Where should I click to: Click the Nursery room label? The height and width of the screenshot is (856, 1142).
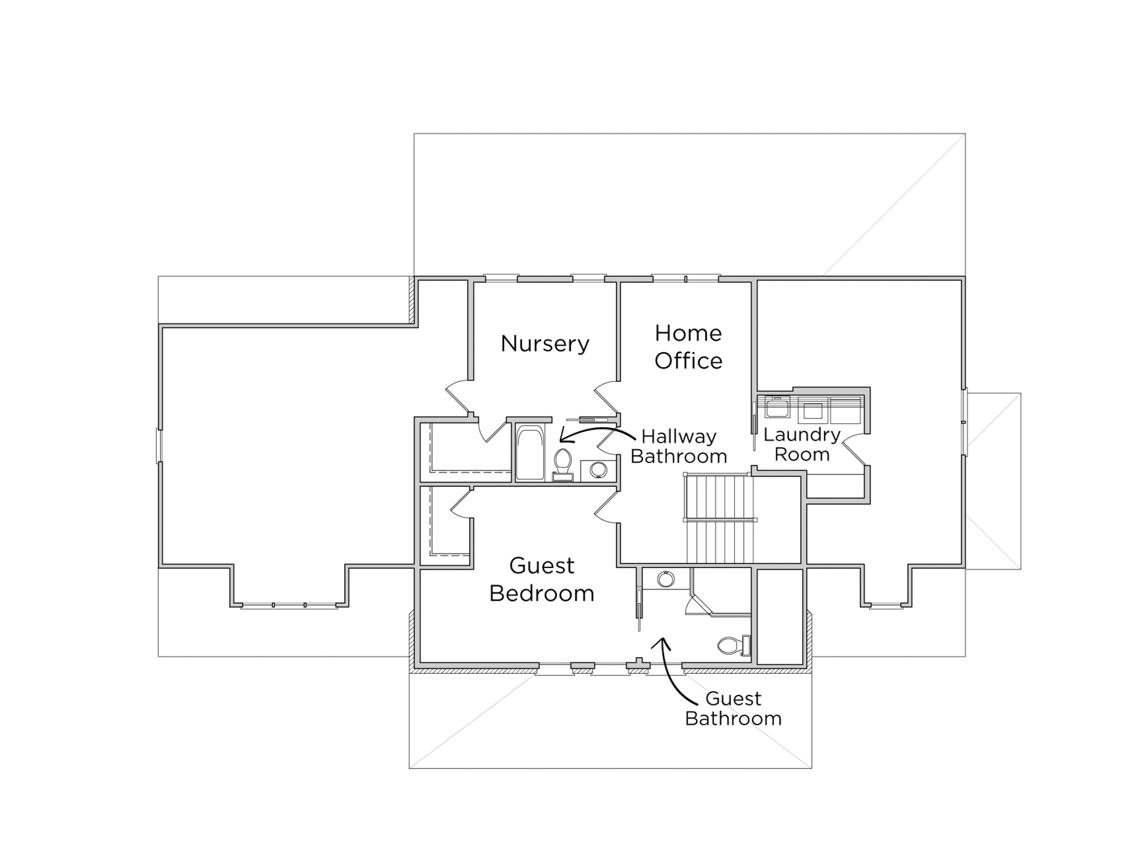click(x=545, y=344)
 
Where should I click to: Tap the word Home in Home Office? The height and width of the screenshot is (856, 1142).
click(x=688, y=333)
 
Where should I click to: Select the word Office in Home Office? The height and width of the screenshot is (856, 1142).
click(x=688, y=361)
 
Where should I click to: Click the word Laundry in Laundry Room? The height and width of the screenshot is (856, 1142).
click(x=801, y=435)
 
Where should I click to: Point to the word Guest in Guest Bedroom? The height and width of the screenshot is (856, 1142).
click(x=541, y=566)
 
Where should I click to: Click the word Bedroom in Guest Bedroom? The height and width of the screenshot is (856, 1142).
click(x=541, y=594)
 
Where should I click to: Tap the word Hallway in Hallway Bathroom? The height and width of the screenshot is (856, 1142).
click(x=679, y=436)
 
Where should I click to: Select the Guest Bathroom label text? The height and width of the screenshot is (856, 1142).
click(x=733, y=709)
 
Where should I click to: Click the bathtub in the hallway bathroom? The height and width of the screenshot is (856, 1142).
click(x=529, y=453)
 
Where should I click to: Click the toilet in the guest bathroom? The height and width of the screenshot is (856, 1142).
click(x=732, y=645)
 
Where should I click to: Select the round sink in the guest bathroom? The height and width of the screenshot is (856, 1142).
click(x=665, y=580)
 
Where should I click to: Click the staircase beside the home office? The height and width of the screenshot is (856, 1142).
click(x=719, y=518)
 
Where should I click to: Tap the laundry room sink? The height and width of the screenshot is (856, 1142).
click(x=777, y=407)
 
